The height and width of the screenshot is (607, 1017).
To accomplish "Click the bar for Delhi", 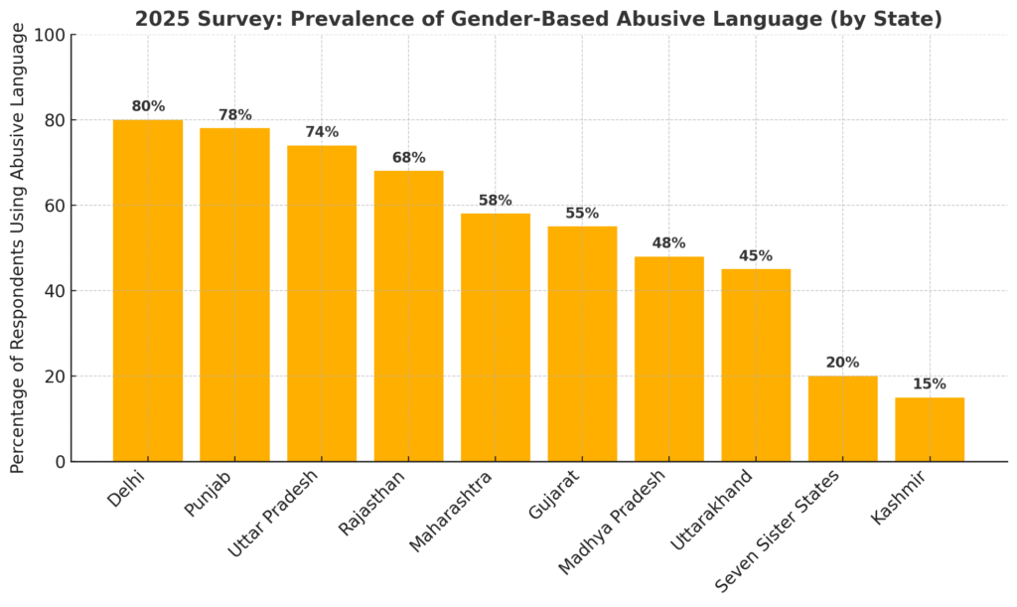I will point(148,290).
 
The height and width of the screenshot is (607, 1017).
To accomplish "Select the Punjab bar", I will point(234,294).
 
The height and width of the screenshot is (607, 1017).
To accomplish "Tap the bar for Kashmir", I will point(930,429).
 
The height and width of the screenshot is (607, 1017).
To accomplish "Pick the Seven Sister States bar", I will point(842,418).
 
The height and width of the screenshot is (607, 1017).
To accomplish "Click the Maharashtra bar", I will point(496,337).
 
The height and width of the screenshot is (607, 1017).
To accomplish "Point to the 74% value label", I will point(322,132).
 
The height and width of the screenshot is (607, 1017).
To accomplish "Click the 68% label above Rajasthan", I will point(408,158).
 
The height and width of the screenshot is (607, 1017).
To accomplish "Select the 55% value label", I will point(582,214).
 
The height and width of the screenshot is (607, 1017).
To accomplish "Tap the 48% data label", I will point(669,243).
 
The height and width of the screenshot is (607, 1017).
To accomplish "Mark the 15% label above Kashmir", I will point(930,384).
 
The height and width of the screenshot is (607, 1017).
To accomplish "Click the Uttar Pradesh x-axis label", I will point(274,513).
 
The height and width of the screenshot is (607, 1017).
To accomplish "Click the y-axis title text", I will point(18,248).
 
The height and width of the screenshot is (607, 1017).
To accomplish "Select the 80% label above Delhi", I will point(148,106).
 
